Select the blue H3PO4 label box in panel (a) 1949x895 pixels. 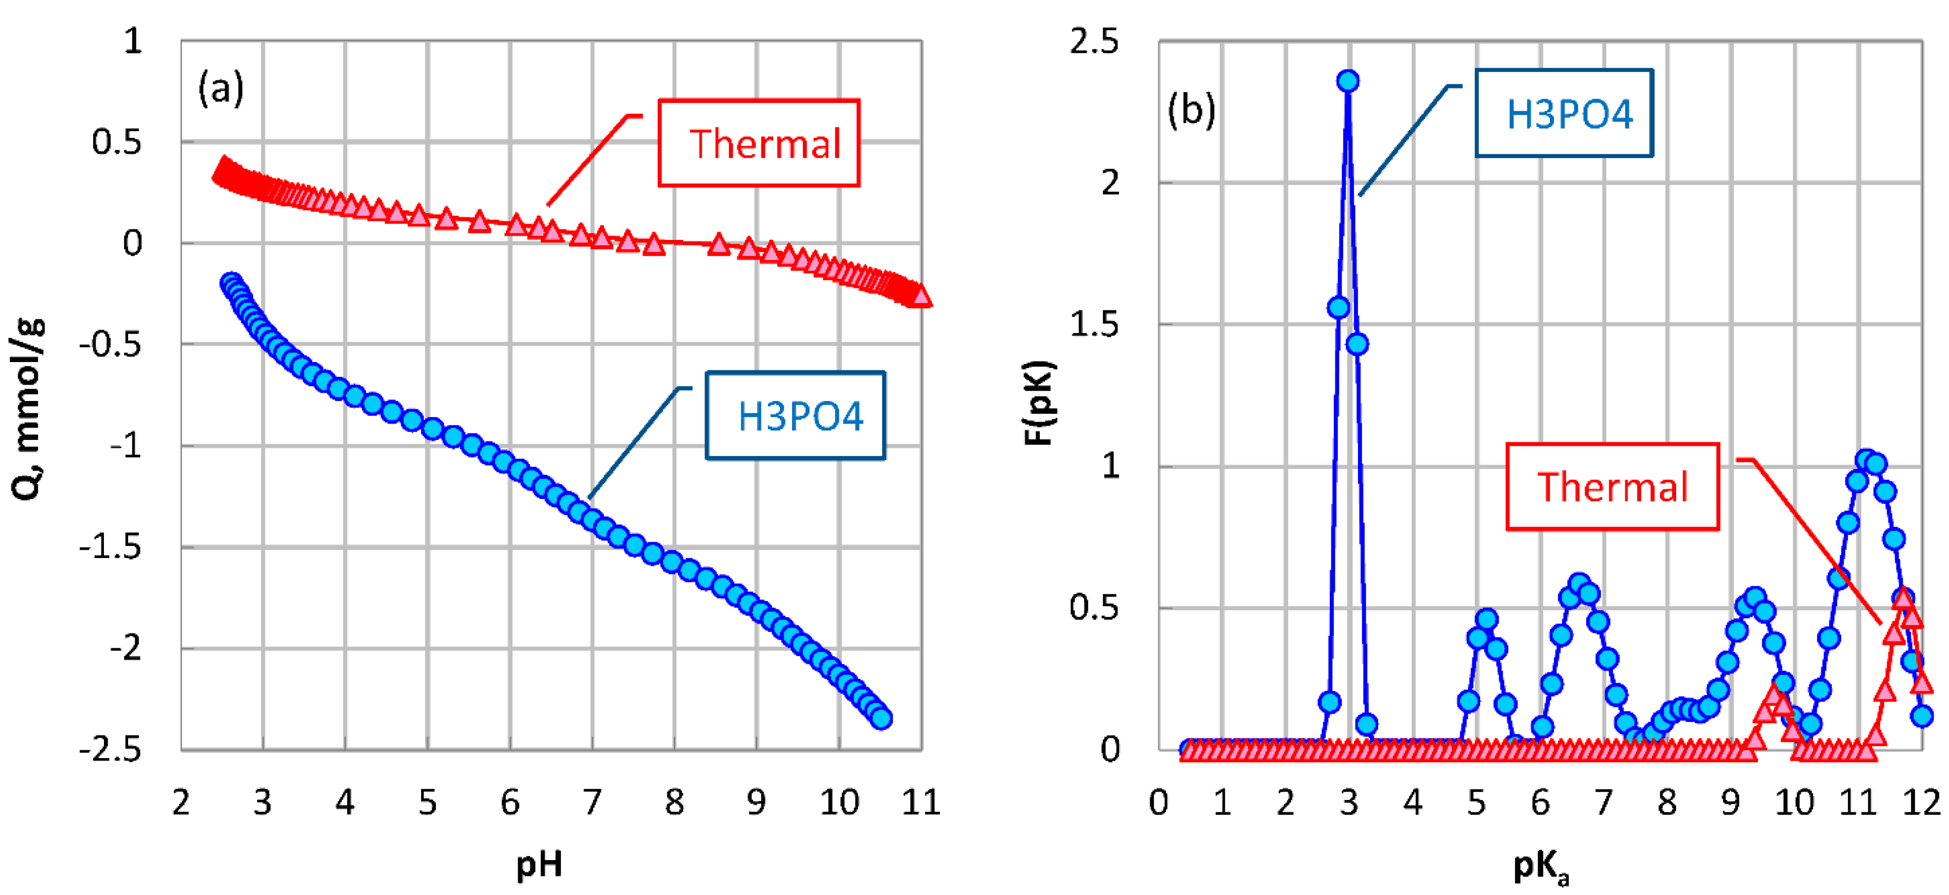tap(795, 415)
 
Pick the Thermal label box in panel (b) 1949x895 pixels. tap(1612, 487)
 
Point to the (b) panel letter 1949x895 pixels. tap(1191, 110)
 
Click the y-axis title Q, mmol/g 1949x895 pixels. tap(28, 408)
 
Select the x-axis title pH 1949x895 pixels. tap(539, 863)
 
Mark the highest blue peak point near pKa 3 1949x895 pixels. tap(1348, 81)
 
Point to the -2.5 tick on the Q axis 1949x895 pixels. tap(110, 750)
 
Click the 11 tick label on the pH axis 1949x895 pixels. tap(921, 802)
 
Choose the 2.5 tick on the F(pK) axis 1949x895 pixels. tap(1094, 41)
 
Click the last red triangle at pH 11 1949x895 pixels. tap(921, 296)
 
